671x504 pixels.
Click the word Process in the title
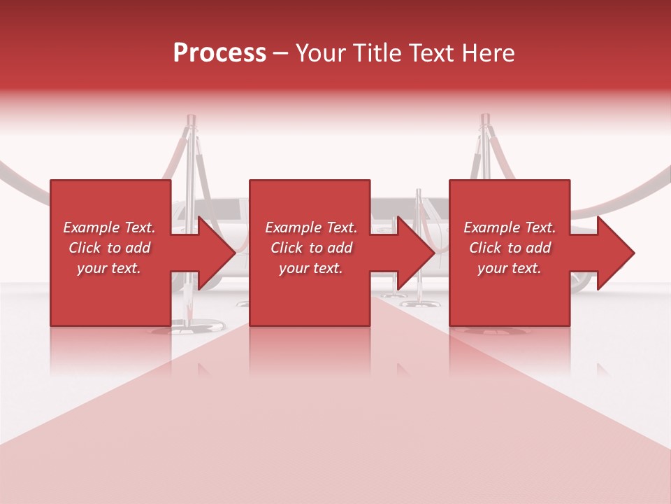219,53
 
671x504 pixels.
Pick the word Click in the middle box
286,248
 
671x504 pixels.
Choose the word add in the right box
539,248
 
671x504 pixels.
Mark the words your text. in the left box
109,268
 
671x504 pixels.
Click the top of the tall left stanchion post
191,120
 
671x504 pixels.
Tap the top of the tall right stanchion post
485,120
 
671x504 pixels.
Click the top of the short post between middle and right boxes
419,193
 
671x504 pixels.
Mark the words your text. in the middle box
311,268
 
